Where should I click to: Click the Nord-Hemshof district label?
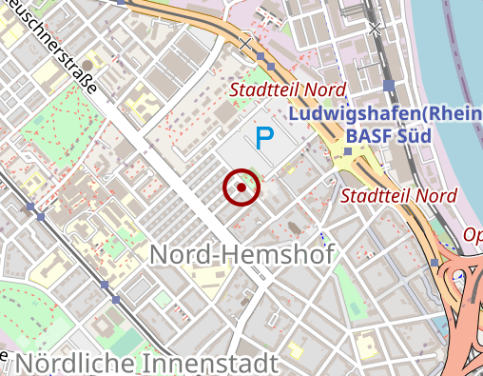tap(241, 255)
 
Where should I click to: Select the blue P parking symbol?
tap(263, 138)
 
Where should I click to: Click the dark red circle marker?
tap(241, 188)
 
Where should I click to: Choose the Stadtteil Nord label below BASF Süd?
tap(399, 196)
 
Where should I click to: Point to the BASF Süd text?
tap(388, 136)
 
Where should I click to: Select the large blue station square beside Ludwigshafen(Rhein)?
tap(389, 86)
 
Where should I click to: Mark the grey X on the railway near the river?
tap(375, 29)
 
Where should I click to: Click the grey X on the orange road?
tap(245, 43)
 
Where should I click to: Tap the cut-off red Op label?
tap(473, 234)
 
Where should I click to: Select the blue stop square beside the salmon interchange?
tap(435, 262)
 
